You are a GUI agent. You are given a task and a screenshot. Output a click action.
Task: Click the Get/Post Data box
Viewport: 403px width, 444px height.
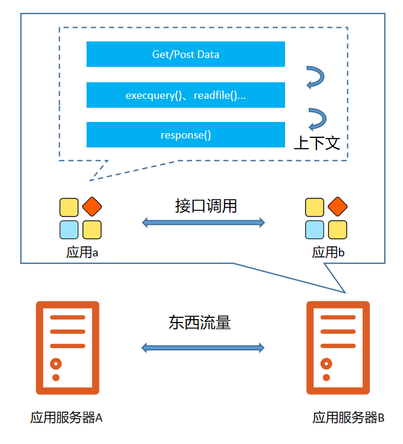[185, 54]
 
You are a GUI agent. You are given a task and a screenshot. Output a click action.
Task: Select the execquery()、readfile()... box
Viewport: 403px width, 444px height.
[185, 95]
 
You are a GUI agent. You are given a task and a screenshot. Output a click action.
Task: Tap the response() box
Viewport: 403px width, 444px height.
[185, 135]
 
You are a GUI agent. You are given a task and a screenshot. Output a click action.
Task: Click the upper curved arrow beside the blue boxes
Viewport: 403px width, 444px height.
[315, 78]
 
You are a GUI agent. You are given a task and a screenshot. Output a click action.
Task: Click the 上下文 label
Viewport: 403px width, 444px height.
[317, 143]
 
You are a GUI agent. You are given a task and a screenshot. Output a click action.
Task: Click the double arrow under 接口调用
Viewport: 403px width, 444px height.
[203, 223]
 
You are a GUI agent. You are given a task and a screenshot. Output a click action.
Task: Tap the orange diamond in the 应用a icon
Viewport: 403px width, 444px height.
[92, 207]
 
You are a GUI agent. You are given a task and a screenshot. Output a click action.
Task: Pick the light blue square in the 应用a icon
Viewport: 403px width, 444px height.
[69, 229]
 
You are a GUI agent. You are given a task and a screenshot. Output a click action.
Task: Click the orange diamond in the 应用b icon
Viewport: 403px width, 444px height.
[337, 207]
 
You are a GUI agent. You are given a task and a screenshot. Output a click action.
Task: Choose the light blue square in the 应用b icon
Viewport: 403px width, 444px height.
[315, 229]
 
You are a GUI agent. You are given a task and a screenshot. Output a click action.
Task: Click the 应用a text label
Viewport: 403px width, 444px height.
[82, 252]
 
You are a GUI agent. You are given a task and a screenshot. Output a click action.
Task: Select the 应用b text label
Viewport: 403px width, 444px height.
[328, 252]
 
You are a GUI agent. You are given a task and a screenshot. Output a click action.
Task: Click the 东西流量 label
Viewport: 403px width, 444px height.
[200, 323]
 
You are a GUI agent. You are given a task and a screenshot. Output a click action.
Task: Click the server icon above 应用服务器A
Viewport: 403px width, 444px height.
[67, 348]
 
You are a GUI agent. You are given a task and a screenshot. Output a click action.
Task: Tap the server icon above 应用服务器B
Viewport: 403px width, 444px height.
[338, 348]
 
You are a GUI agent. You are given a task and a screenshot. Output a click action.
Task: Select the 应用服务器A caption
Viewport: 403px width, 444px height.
[66, 417]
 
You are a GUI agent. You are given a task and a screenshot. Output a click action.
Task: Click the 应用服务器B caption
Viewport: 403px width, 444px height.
[348, 417]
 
